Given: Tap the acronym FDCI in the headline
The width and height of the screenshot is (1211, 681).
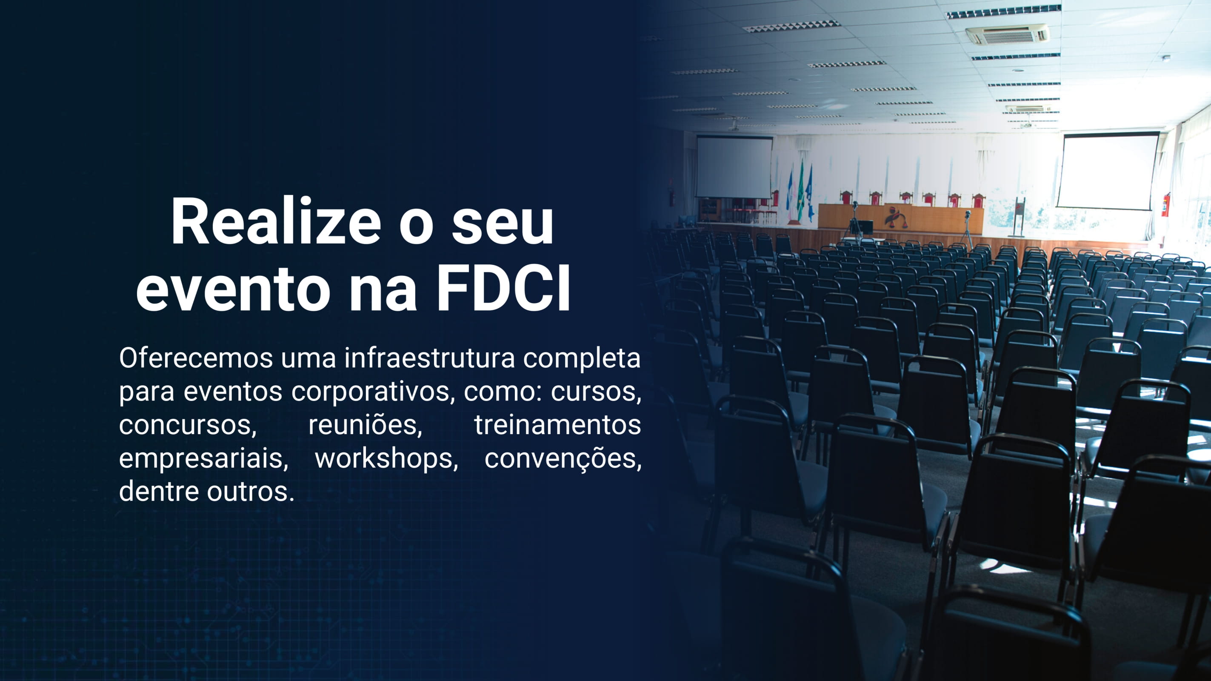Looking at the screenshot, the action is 503,287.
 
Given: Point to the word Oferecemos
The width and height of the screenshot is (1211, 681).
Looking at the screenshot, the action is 196,358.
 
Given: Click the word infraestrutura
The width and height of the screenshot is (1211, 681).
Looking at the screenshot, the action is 430,358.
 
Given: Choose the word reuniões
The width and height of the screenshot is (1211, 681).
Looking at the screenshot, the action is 365,425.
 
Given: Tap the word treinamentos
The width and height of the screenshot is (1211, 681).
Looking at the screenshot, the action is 557,425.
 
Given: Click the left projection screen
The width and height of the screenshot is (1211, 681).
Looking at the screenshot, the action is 734,167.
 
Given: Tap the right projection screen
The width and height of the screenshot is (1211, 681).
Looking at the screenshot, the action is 1107,171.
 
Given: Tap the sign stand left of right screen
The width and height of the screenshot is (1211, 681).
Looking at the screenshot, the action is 1017,217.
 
